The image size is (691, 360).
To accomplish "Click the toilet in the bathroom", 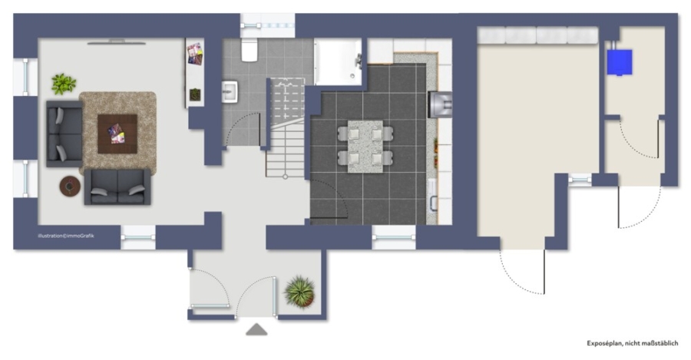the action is (250, 50).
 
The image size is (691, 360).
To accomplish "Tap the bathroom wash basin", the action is (230, 91).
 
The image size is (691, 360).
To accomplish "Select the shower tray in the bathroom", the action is (338, 61).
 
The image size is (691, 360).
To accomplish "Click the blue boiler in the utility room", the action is (620, 62).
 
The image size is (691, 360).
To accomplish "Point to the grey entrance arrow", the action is (256, 329).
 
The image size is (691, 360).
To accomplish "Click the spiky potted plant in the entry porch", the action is (299, 292).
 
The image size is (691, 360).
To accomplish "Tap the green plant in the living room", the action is (64, 84).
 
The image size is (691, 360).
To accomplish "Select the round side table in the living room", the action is (70, 187).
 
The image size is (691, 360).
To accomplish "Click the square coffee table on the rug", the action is (117, 134).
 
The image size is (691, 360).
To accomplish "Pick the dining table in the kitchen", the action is (365, 147).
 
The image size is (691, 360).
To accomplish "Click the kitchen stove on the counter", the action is (440, 104).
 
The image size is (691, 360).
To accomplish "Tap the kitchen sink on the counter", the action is (433, 196).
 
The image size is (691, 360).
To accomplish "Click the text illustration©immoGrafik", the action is (66, 236).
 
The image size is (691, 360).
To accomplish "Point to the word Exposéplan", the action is (604, 343).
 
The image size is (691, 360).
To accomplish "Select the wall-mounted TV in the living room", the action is (117, 42).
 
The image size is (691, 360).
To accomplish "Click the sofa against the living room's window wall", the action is (64, 134).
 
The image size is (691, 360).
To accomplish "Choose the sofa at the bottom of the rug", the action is (117, 187).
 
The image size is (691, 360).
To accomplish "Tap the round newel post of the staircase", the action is (285, 177).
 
